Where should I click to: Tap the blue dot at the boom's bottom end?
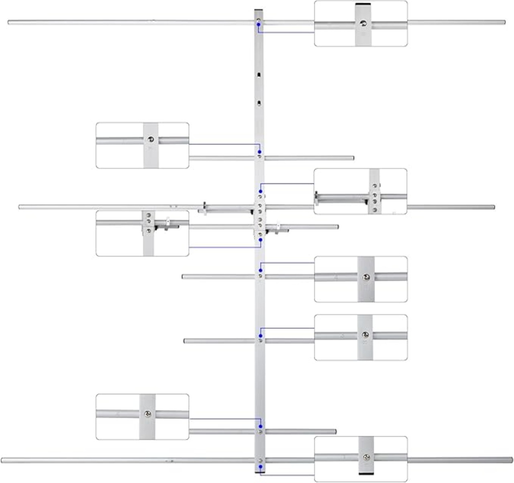[261, 467]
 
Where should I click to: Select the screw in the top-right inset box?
[363, 24]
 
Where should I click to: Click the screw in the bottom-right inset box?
[366, 457]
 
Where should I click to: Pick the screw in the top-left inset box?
[151, 140]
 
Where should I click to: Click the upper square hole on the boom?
[259, 75]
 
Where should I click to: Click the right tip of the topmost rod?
[504, 22]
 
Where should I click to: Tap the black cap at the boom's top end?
[259, 10]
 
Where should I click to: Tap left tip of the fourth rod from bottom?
[183, 277]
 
